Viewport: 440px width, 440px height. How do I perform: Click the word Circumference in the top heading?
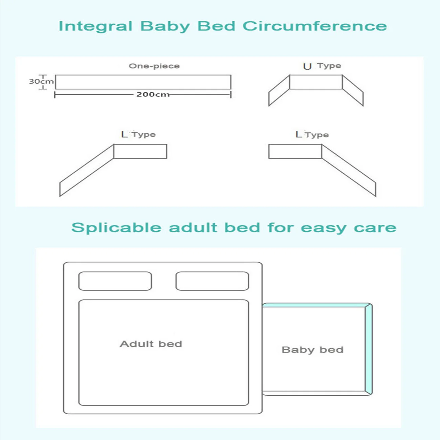(315, 26)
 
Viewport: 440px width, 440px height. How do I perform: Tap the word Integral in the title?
(95, 26)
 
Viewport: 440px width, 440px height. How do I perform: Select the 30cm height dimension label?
(41, 82)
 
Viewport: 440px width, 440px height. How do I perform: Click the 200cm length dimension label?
(153, 94)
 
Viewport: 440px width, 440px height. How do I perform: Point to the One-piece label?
(154, 66)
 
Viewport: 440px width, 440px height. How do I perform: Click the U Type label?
(322, 66)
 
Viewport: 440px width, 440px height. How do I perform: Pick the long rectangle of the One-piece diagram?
(143, 82)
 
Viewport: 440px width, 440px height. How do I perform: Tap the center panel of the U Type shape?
(316, 82)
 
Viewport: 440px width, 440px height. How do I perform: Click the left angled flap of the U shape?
(279, 90)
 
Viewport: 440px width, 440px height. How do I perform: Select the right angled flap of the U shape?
(353, 90)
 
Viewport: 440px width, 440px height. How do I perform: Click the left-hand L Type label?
(138, 134)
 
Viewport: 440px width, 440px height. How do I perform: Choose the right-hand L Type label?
(312, 135)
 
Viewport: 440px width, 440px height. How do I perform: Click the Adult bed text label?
(151, 344)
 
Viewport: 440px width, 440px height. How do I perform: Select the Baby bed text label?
(312, 350)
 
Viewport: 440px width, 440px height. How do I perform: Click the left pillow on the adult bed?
(115, 281)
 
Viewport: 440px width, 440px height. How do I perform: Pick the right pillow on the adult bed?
(212, 281)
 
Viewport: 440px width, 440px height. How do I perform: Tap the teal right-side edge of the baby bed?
(369, 349)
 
